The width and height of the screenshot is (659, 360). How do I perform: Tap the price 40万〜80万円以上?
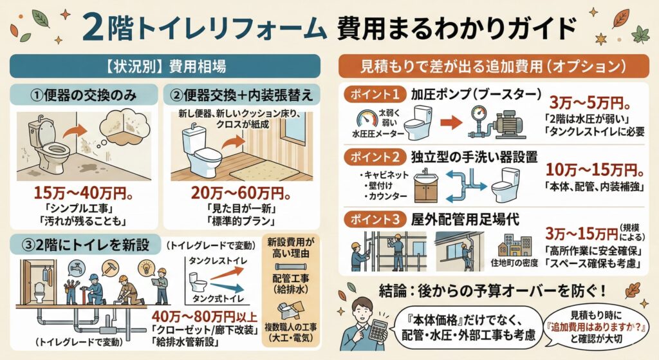[204, 316]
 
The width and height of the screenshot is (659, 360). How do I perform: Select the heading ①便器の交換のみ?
[84, 95]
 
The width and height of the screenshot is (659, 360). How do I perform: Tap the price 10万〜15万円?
[595, 170]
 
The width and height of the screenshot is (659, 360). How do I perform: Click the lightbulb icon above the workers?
[146, 267]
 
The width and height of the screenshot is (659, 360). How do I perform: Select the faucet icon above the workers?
[77, 267]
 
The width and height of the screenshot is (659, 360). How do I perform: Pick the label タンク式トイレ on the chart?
[218, 299]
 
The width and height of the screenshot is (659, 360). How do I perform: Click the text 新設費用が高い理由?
[290, 248]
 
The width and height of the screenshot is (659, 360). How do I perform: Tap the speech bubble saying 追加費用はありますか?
[596, 327]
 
